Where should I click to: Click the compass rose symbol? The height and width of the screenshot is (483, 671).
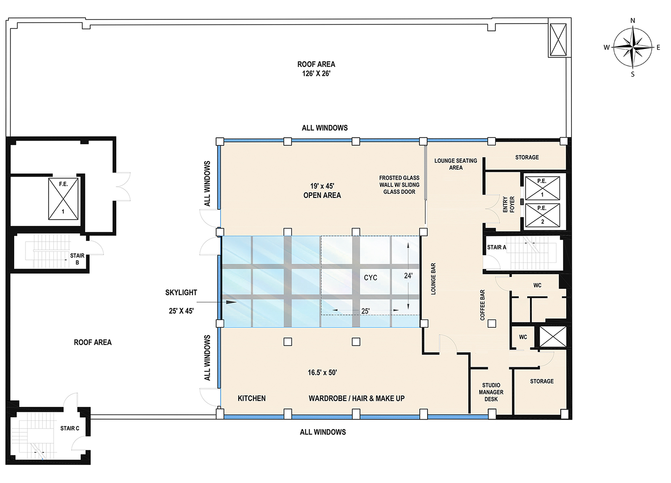tap(633, 47)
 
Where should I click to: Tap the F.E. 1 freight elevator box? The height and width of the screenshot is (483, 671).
tap(63, 199)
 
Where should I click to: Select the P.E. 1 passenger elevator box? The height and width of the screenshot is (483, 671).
tap(542, 188)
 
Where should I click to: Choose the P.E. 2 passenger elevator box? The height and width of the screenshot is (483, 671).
tap(542, 215)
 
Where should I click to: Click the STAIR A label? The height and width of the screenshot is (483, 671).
tap(497, 247)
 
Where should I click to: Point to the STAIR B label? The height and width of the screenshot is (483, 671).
tap(77, 259)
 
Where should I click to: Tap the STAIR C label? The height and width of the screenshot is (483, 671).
tap(70, 428)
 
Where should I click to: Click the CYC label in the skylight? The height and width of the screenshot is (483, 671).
tap(370, 277)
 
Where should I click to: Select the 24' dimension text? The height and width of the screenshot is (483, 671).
tap(408, 276)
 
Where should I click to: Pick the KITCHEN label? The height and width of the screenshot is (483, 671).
tap(252, 398)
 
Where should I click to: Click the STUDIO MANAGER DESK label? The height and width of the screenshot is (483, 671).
tap(491, 392)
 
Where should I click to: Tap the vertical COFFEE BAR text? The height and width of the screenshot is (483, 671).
tap(483, 305)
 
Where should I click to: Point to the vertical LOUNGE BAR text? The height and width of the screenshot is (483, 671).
tap(433, 279)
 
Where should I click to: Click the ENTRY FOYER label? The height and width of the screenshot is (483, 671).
tap(509, 204)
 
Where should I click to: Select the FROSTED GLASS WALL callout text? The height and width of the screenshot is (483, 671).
tap(399, 185)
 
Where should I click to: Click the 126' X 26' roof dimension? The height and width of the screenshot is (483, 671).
tap(316, 73)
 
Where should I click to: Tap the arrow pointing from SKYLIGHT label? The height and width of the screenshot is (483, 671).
tap(217, 302)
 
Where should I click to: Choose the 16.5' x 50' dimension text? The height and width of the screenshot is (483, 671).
tap(322, 373)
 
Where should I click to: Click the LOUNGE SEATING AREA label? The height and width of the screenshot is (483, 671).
tap(456, 164)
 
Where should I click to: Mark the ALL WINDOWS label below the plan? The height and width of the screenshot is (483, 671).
tap(323, 432)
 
